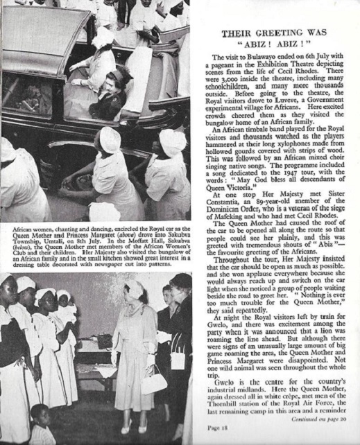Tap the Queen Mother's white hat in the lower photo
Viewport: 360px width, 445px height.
point(134,286)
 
